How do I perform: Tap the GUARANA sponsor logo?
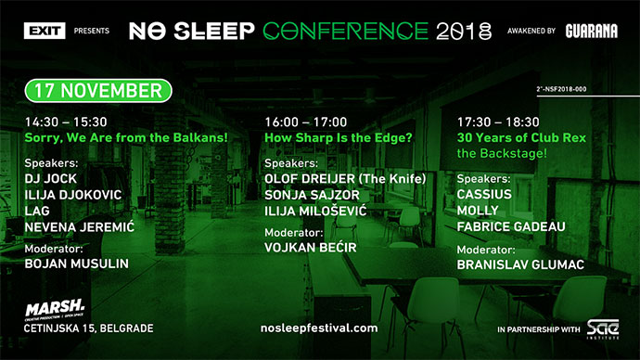(x=591, y=31)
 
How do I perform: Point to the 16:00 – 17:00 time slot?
(x=305, y=122)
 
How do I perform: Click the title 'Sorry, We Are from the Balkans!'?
(x=126, y=138)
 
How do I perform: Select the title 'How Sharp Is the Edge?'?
(x=339, y=138)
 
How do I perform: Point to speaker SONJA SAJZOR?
(x=313, y=195)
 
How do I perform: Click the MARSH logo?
(x=56, y=307)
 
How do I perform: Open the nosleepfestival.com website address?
(x=320, y=328)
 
